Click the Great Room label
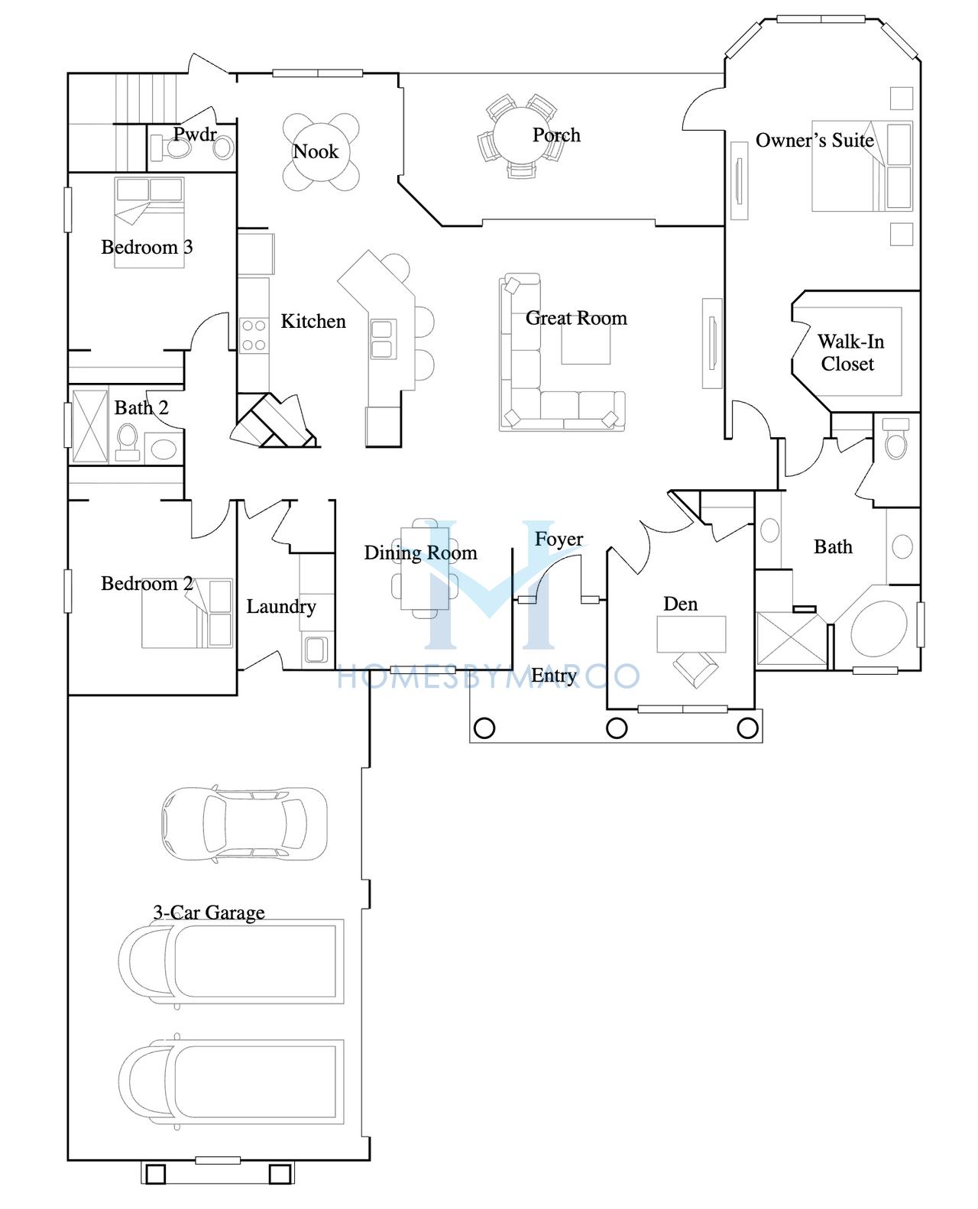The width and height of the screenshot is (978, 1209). (x=576, y=318)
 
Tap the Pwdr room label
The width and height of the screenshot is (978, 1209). (x=195, y=134)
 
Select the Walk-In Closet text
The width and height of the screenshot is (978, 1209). (x=850, y=352)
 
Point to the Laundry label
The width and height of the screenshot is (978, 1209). (x=281, y=606)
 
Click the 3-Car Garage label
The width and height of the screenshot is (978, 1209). (x=209, y=912)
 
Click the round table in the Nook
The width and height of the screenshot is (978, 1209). (x=320, y=152)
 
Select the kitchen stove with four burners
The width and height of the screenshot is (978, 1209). (x=254, y=335)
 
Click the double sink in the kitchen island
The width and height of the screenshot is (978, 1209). (x=383, y=339)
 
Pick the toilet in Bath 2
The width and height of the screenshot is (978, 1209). (x=128, y=442)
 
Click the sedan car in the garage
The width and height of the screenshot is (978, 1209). (x=244, y=824)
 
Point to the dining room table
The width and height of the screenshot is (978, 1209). (x=425, y=568)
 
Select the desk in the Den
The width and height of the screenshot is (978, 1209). (x=691, y=634)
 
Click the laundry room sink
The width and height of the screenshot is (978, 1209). (x=316, y=650)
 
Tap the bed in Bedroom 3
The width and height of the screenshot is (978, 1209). (x=149, y=222)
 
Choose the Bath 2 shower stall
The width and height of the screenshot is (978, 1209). (x=89, y=425)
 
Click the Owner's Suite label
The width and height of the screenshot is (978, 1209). (x=814, y=140)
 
